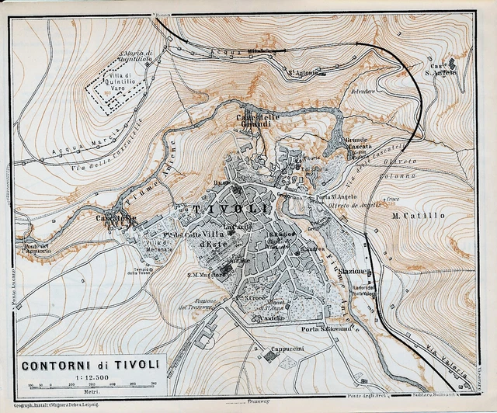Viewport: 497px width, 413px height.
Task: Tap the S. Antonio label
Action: (303, 74)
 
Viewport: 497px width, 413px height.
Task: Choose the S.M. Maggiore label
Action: (203, 273)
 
